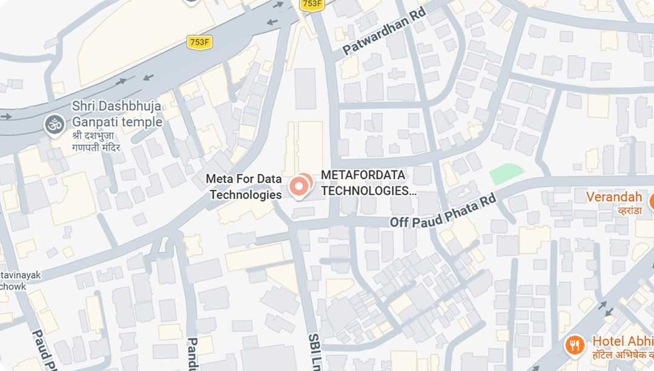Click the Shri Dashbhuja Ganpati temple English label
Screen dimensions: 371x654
(x=117, y=114)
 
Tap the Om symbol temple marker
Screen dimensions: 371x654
(x=54, y=125)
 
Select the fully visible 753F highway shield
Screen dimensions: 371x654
(x=199, y=42)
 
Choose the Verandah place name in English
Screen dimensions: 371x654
(x=613, y=197)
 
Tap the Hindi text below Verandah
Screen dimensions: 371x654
(x=629, y=211)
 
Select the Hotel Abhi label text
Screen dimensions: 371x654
(x=623, y=341)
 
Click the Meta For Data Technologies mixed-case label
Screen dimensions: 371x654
(x=244, y=186)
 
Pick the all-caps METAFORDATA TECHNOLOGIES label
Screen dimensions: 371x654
(x=369, y=183)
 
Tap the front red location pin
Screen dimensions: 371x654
(x=298, y=187)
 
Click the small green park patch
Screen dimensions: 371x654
(x=506, y=174)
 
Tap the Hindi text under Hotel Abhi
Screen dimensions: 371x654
(x=623, y=356)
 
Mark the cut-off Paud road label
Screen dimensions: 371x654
(x=38, y=351)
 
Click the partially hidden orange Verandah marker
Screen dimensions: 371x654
(x=650, y=202)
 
